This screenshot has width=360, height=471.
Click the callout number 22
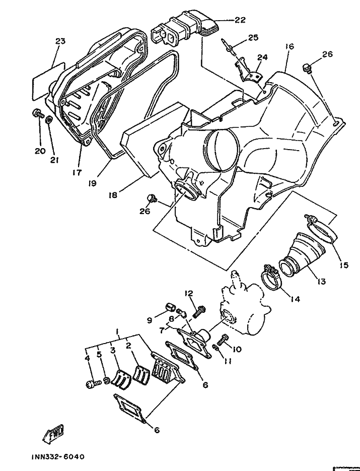pos(240,20)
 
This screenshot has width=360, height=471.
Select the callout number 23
pos(60,41)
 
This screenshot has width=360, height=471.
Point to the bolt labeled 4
pos(92,384)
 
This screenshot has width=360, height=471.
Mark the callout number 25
pos(252,37)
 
